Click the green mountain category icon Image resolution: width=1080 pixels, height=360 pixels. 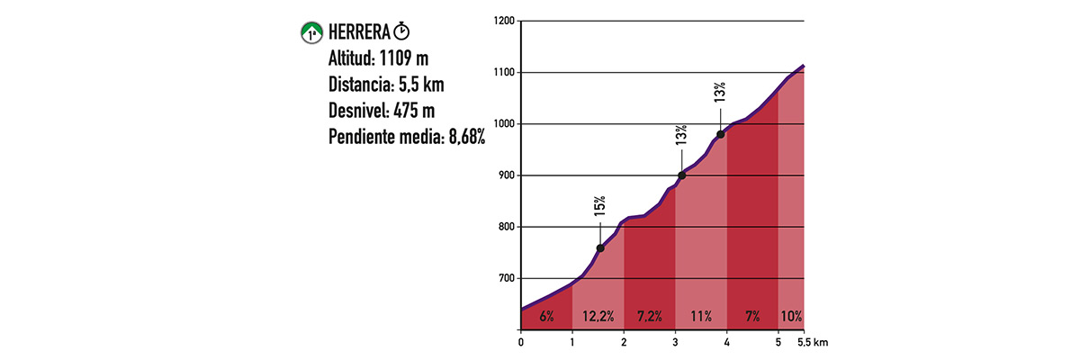click(x=311, y=33)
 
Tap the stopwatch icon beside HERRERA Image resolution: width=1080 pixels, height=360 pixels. click(x=401, y=32)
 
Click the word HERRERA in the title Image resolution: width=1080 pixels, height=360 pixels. click(x=358, y=33)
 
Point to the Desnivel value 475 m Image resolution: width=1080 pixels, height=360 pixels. click(x=417, y=112)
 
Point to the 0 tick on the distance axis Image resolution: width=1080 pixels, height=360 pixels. click(x=521, y=342)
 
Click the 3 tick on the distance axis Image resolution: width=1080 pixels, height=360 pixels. click(x=675, y=342)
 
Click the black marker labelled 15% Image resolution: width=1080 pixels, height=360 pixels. click(x=600, y=248)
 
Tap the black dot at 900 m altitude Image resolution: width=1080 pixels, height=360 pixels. click(x=681, y=175)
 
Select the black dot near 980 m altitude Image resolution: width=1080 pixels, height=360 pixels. click(x=721, y=134)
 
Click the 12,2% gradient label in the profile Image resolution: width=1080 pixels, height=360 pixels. click(x=598, y=317)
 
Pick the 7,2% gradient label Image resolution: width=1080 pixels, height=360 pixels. click(x=649, y=317)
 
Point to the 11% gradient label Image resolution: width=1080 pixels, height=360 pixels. click(x=701, y=317)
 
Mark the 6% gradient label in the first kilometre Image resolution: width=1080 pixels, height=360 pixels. click(x=546, y=317)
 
